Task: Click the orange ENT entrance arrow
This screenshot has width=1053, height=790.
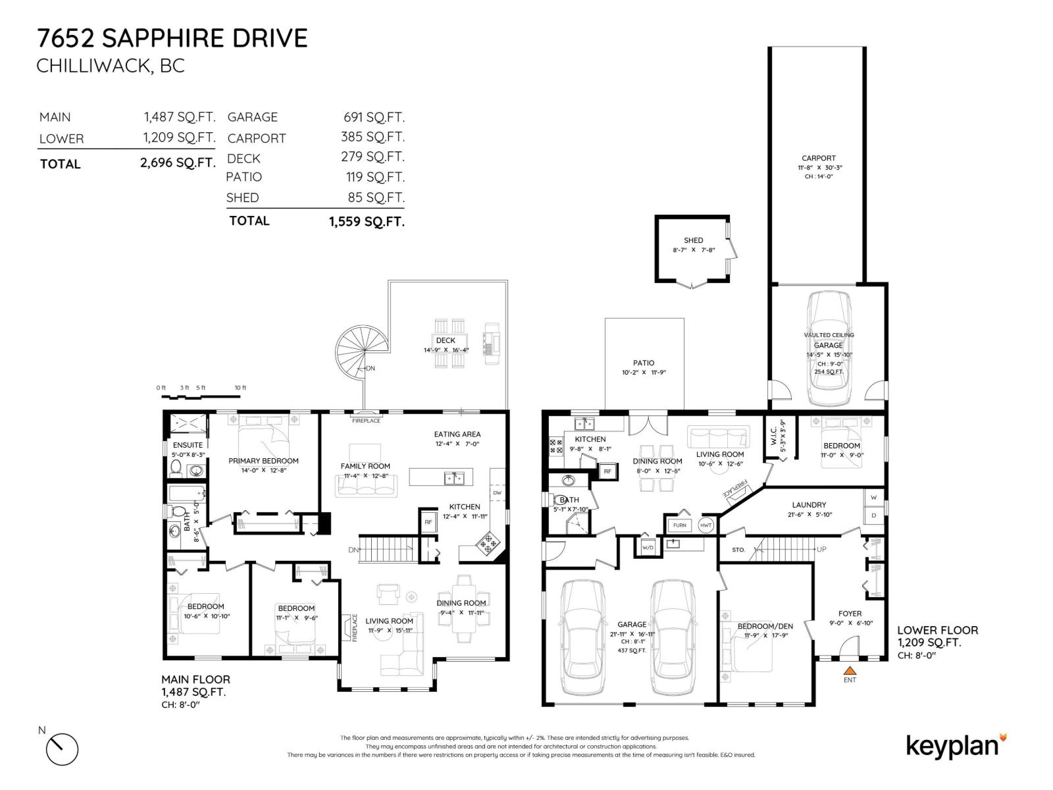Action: (x=850, y=670)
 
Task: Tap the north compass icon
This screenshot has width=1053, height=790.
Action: (x=62, y=749)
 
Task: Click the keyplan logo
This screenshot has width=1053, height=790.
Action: (x=956, y=746)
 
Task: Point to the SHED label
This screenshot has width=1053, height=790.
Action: (x=693, y=240)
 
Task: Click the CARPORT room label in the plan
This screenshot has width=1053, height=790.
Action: (x=819, y=158)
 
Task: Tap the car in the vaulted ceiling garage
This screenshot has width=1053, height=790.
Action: (x=829, y=349)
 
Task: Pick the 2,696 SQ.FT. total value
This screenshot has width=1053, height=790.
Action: (x=178, y=163)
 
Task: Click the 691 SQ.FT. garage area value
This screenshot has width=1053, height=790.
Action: (x=374, y=117)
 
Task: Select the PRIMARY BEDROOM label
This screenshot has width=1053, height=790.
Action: (x=263, y=461)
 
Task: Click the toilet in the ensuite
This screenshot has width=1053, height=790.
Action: (x=176, y=467)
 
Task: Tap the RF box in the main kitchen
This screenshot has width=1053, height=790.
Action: (x=428, y=522)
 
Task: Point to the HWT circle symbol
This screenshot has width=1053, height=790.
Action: (x=706, y=525)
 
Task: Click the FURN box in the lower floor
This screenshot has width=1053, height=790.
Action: (x=679, y=525)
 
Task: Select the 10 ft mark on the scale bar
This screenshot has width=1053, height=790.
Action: (x=240, y=388)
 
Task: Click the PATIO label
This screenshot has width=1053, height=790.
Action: (x=644, y=363)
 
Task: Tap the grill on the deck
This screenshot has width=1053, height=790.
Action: (x=492, y=342)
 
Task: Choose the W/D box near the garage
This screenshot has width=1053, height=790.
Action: (x=648, y=547)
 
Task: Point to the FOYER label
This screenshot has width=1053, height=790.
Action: (x=850, y=614)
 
